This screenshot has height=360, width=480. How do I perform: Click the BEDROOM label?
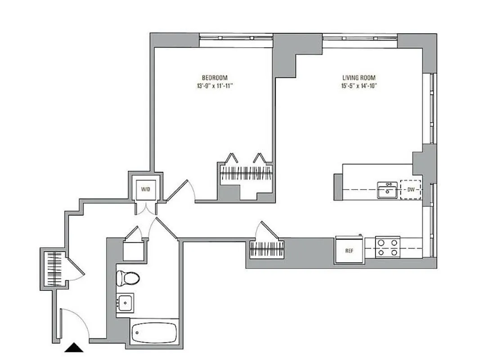click(211, 77)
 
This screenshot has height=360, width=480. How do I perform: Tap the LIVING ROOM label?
click(358, 77)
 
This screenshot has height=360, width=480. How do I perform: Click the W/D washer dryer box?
click(145, 189)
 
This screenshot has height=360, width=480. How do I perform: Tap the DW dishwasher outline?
click(411, 190)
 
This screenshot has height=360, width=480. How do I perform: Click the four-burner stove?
click(388, 247)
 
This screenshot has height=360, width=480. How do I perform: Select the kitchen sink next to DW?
click(386, 190)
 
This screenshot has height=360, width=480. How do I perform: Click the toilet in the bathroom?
click(126, 278)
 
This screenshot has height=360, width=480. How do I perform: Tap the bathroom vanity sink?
click(126, 304)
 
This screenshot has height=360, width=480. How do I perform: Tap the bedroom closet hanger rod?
click(246, 173)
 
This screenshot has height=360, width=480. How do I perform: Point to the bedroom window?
click(236, 38)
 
